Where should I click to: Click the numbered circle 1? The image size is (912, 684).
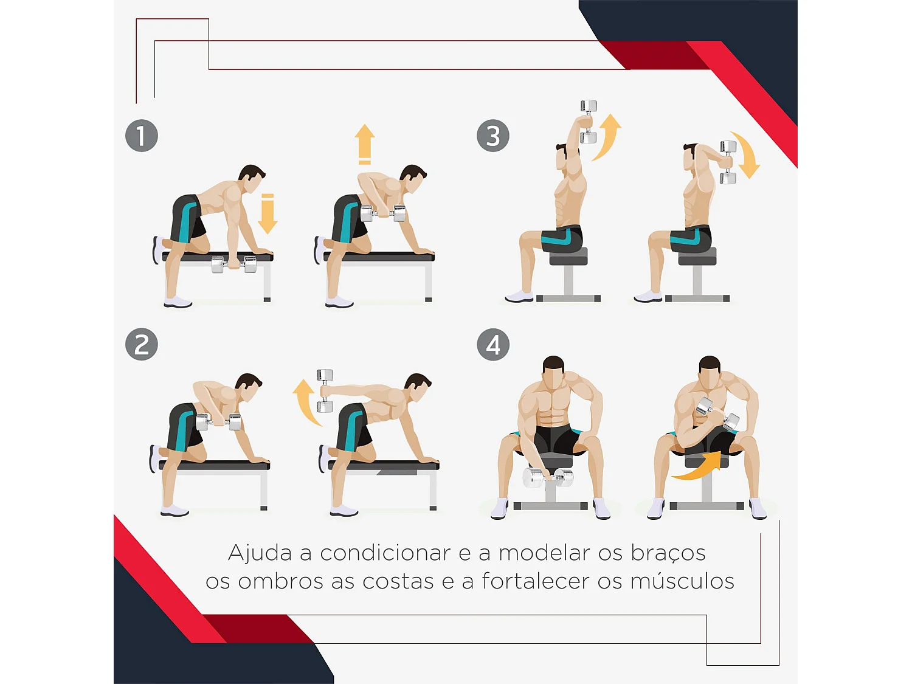(142, 136)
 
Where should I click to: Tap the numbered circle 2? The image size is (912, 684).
(142, 345)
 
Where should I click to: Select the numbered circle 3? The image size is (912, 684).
(493, 136)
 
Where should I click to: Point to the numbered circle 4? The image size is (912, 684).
(493, 345)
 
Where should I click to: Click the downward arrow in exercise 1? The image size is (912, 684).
(268, 215)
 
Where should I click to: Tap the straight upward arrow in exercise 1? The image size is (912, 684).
(365, 144)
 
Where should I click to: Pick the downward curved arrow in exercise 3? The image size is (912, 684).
(747, 155)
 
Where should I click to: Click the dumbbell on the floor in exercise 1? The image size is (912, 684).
(234, 264)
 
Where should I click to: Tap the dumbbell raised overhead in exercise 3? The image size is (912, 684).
(588, 122)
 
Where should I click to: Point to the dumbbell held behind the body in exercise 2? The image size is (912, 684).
(325, 390)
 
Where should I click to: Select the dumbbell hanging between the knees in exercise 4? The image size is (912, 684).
(547, 477)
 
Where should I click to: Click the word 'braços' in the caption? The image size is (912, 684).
(668, 553)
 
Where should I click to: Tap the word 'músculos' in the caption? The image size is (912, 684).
(682, 581)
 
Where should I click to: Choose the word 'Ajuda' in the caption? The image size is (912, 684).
(260, 553)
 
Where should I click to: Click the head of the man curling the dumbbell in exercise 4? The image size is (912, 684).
(710, 372)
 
